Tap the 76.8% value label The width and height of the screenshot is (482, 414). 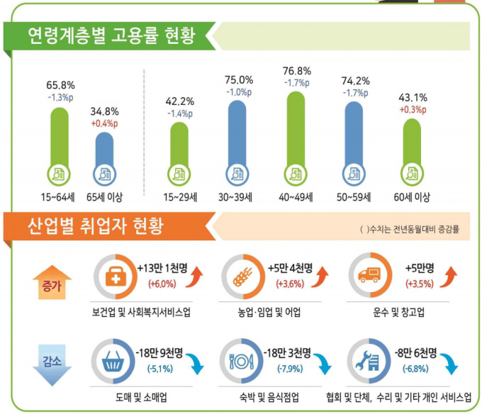pyautogui.click(x=297, y=71)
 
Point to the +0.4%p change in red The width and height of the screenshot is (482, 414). pyautogui.click(x=104, y=123)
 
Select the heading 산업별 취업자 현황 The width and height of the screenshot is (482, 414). pyautogui.click(x=96, y=227)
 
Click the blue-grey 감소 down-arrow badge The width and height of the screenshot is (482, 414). pyautogui.click(x=47, y=362)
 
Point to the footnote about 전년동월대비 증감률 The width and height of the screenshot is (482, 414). pyautogui.click(x=409, y=230)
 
